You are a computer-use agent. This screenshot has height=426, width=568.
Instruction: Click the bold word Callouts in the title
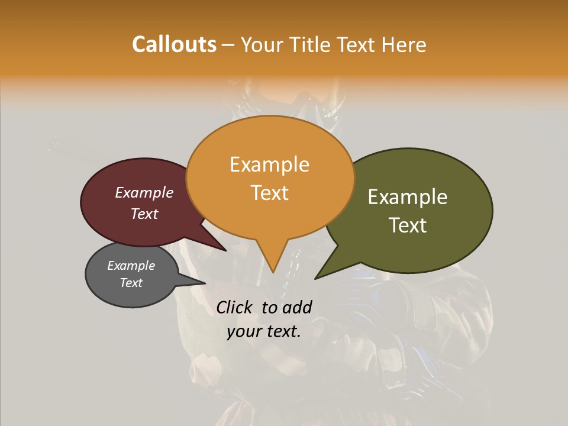click(174, 44)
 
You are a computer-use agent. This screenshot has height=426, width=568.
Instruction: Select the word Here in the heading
click(405, 44)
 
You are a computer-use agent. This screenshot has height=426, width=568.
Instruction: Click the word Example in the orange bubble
click(269, 164)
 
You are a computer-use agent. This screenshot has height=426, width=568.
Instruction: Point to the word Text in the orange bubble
click(269, 192)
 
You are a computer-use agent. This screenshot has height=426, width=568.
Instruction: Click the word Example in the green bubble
click(408, 196)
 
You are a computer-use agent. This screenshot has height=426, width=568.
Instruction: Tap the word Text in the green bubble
click(408, 225)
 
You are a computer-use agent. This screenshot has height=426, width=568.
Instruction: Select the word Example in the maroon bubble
click(144, 192)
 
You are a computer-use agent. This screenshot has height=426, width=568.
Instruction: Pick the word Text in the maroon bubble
click(144, 214)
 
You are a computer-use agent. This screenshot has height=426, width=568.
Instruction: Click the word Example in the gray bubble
click(131, 266)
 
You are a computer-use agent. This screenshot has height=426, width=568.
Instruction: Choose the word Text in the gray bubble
click(131, 283)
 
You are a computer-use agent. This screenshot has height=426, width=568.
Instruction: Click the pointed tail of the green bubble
click(316, 278)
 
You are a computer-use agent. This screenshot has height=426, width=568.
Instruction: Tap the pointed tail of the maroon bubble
click(225, 250)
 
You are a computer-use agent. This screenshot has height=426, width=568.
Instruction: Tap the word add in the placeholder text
click(297, 307)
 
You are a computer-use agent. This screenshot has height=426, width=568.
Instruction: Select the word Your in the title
click(261, 44)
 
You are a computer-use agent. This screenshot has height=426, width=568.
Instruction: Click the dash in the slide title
click(228, 44)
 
